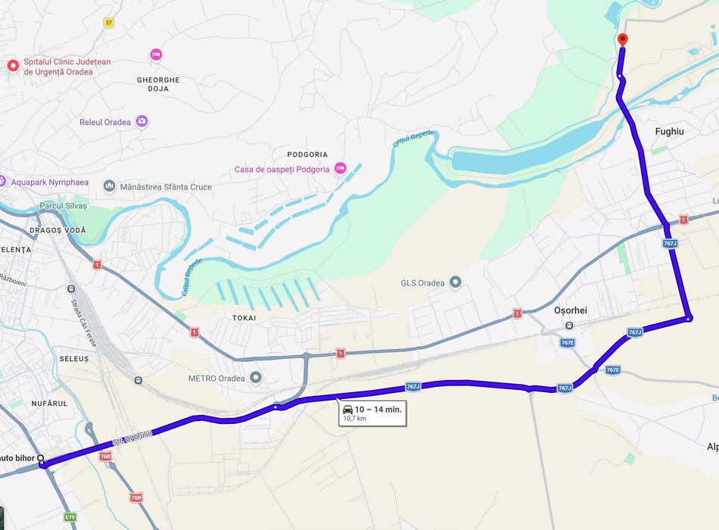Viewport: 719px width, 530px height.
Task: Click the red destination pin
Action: (622, 39)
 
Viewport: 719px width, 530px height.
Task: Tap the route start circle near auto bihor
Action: (41, 459)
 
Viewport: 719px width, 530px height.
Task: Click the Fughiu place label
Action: (669, 132)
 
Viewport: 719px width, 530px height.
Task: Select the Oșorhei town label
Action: (571, 310)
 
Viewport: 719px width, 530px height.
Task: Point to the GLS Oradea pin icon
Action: (455, 282)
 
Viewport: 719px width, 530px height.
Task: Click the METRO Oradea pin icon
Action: (256, 377)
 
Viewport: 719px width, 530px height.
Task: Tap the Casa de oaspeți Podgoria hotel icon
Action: (340, 169)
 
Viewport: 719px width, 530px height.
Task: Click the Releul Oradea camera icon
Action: (142, 121)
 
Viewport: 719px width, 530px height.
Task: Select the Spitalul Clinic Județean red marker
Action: (13, 66)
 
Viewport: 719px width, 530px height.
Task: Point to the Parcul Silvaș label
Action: (64, 206)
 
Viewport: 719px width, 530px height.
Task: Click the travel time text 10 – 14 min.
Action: (378, 409)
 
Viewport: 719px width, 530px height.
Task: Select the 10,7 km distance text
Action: (354, 418)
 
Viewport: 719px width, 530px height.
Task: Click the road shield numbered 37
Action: (109, 23)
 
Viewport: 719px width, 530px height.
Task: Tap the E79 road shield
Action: (70, 517)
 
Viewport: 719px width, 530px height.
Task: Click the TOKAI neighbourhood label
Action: (244, 318)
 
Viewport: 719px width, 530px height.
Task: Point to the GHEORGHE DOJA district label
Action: (158, 84)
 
